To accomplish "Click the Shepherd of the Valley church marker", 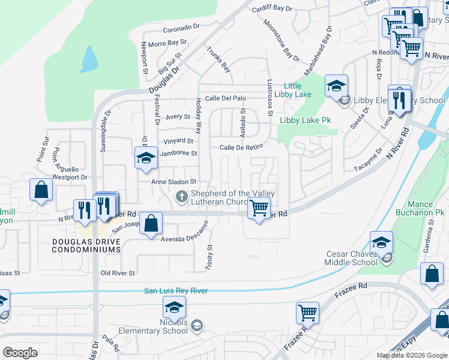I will pyautogui.click(x=181, y=197).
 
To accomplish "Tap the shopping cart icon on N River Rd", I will pyautogui.click(x=259, y=208).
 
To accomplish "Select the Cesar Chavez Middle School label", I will pyautogui.click(x=351, y=258).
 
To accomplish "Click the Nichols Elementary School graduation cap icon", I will pyautogui.click(x=173, y=308).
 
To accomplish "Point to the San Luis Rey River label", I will pyautogui.click(x=175, y=291).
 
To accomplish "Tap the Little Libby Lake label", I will pyautogui.click(x=293, y=90).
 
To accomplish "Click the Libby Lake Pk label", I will pyautogui.click(x=306, y=120).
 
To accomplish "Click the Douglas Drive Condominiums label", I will pyautogui.click(x=87, y=245).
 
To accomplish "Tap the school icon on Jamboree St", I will pyautogui.click(x=145, y=158).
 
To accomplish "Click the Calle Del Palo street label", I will pyautogui.click(x=226, y=98).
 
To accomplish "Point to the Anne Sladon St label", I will pyautogui.click(x=173, y=181).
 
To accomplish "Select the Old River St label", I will pyautogui.click(x=118, y=273).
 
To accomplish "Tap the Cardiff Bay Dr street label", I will pyautogui.click(x=271, y=9).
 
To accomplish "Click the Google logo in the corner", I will pyautogui.click(x=20, y=353).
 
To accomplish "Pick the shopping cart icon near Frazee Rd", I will pyautogui.click(x=307, y=313).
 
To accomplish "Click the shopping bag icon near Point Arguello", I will pyautogui.click(x=40, y=190).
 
